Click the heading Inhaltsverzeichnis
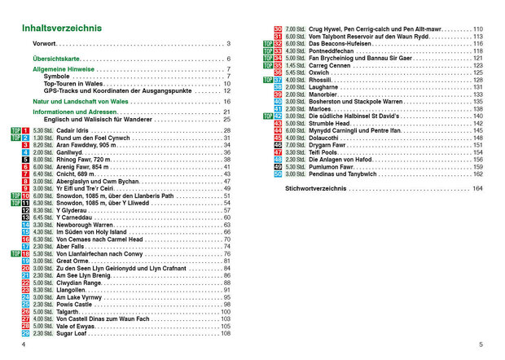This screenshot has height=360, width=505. [x=61, y=29]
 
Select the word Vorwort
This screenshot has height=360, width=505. [x=38, y=43]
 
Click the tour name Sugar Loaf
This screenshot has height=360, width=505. [x=72, y=333]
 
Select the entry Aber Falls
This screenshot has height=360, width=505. [x=71, y=246]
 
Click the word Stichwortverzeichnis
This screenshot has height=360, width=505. [x=317, y=188]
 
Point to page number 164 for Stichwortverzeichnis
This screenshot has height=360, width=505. [x=477, y=188]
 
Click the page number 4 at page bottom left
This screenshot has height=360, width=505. [x=24, y=345]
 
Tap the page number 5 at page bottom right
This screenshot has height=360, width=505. [x=480, y=345]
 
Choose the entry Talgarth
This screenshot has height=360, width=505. [x=69, y=311]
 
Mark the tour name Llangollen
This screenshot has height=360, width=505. [x=72, y=290]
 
